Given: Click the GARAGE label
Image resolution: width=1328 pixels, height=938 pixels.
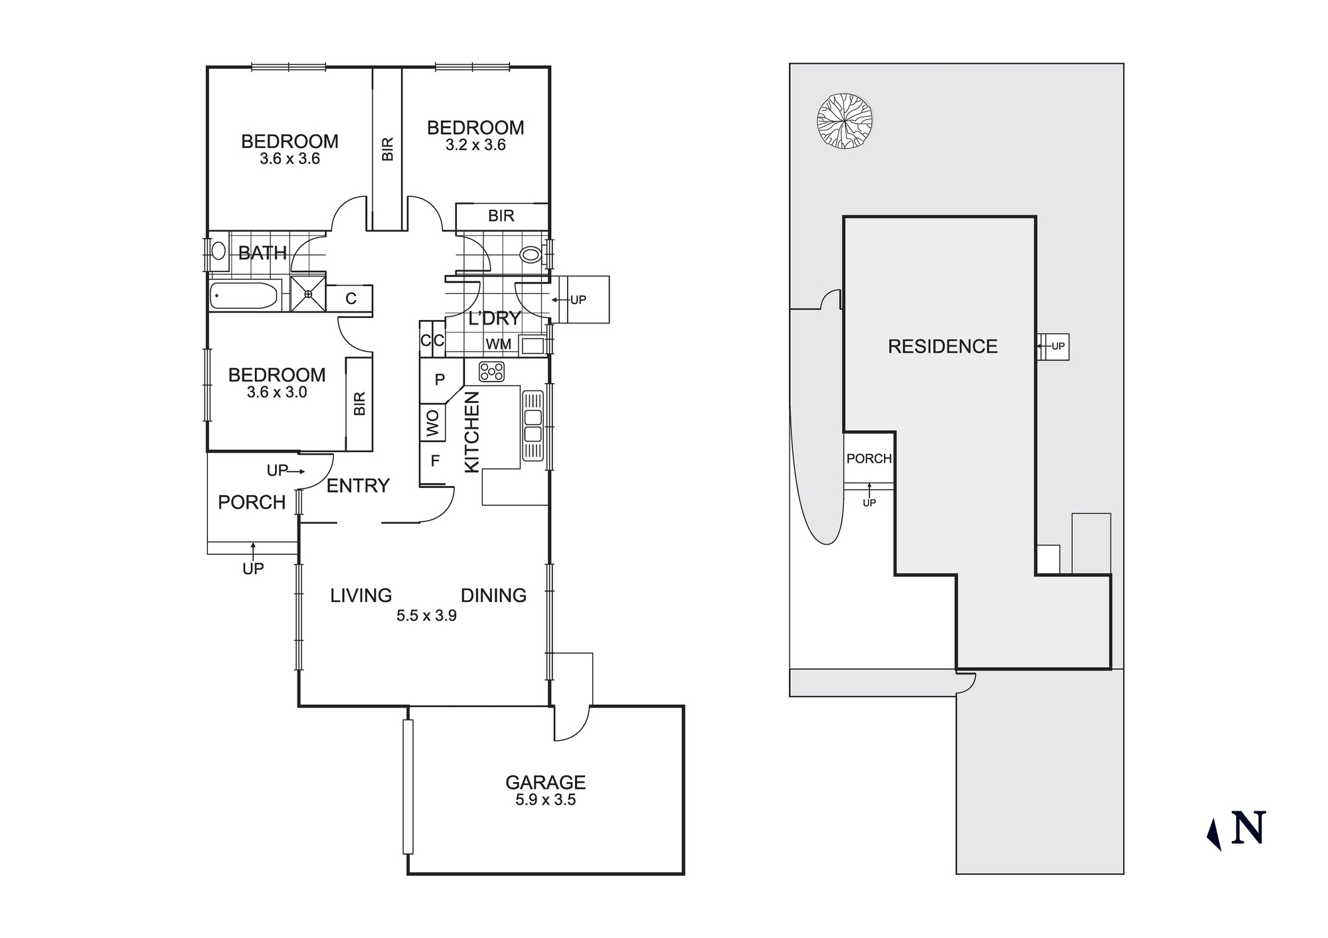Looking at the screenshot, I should (x=545, y=782).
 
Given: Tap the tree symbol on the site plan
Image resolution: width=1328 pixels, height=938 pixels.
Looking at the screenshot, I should (x=844, y=121).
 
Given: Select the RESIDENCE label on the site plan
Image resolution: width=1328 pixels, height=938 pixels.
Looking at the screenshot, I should (x=942, y=347).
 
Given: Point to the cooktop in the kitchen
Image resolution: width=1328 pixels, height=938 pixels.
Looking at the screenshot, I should (x=492, y=372).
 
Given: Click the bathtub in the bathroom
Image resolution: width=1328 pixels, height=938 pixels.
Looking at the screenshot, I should (x=243, y=296).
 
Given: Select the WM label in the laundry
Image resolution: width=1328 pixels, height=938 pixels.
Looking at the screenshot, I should (x=498, y=345).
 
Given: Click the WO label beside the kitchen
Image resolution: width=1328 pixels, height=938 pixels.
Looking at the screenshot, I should (x=432, y=423).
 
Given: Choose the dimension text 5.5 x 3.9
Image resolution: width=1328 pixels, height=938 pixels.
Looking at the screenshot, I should (x=426, y=616).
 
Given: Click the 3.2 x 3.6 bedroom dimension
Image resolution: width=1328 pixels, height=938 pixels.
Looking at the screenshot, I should (x=475, y=145).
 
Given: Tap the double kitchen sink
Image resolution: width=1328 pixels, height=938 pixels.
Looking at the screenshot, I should (x=533, y=426).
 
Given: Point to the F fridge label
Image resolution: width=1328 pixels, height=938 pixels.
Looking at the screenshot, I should (x=435, y=461).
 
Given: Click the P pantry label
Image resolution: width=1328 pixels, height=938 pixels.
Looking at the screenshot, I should (x=439, y=380).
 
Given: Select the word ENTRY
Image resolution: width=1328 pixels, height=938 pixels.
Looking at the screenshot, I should (x=358, y=486).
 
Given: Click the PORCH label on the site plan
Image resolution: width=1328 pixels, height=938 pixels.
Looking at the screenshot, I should (x=869, y=459).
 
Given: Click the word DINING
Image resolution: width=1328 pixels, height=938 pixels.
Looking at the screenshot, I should (x=493, y=595).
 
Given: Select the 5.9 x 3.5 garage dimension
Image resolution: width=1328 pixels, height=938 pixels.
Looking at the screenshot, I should (x=545, y=800).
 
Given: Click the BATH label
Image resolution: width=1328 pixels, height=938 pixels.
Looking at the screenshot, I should (x=262, y=253).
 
